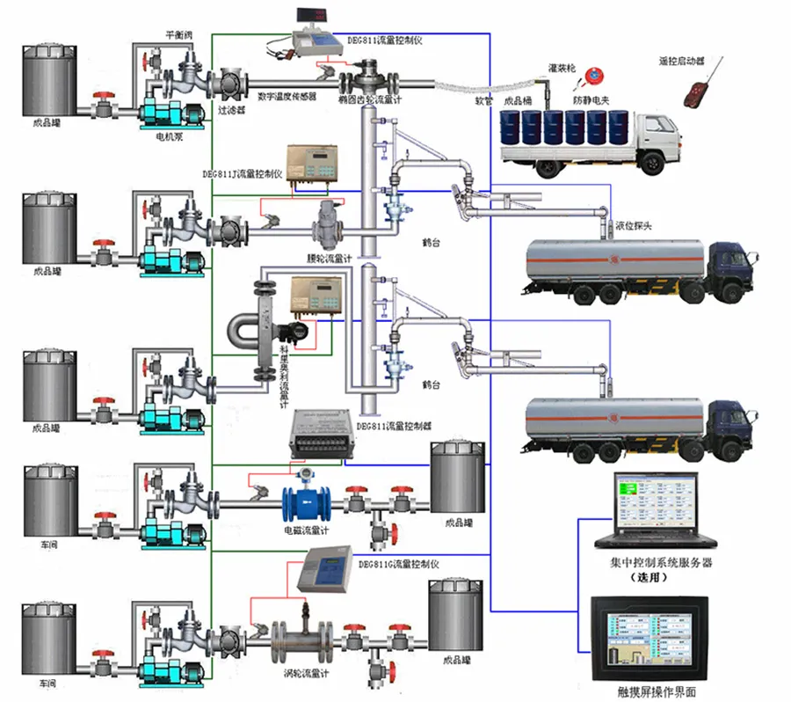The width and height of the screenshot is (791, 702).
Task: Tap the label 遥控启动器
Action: coord(681,62)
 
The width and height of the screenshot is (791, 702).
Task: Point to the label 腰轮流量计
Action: coord(331,260)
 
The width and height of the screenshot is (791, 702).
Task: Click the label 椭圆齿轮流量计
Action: coord(380,99)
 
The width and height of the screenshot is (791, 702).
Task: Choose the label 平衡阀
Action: coord(178,35)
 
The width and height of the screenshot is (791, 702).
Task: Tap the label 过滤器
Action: coord(230,111)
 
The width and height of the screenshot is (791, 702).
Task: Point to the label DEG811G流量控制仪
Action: coord(398,562)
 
